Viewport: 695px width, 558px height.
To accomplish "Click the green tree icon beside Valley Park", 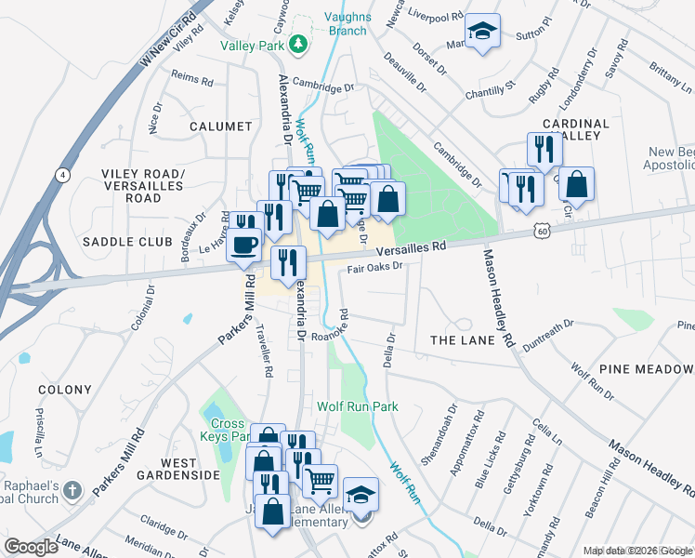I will pyautogui.click(x=297, y=44).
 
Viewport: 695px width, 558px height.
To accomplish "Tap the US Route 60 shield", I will pyautogui.click(x=542, y=229).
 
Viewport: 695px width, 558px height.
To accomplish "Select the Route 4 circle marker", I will pyautogui.click(x=60, y=174).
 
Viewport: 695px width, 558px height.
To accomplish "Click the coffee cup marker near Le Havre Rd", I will pyautogui.click(x=244, y=246).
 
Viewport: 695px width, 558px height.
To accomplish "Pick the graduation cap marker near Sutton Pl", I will pyautogui.click(x=482, y=32).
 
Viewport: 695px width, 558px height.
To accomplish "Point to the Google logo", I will pyautogui.click(x=32, y=546).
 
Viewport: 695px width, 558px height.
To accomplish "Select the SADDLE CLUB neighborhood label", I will pyautogui.click(x=128, y=241).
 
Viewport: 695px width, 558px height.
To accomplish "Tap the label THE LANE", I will pyautogui.click(x=462, y=340).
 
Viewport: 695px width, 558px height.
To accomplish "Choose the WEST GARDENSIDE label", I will pyautogui.click(x=177, y=469).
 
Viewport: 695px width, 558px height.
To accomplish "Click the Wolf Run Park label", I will pyautogui.click(x=357, y=406).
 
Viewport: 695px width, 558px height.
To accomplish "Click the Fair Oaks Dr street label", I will pyautogui.click(x=374, y=268).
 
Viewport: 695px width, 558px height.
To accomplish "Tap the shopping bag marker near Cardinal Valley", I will pyautogui.click(x=576, y=184).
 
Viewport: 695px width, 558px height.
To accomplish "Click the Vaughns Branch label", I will pyautogui.click(x=347, y=23).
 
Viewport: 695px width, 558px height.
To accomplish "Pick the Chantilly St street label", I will pyautogui.click(x=490, y=90).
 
